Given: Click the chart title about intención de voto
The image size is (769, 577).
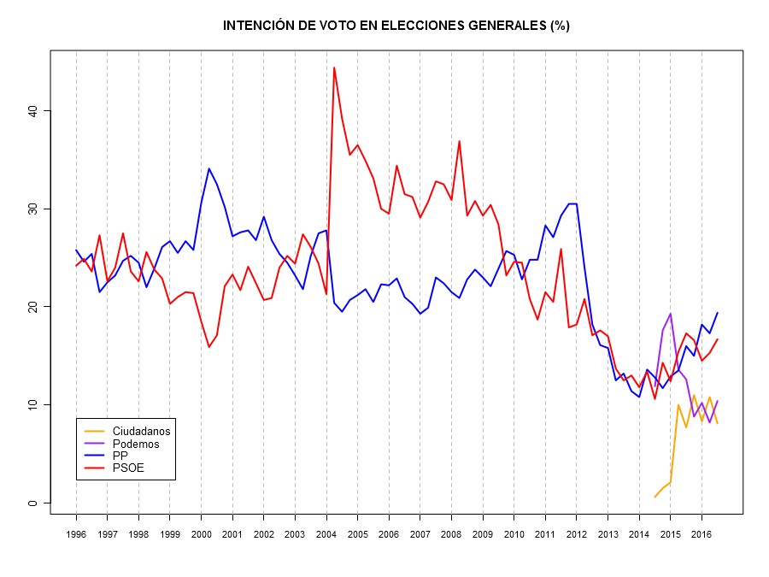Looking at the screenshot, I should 396,26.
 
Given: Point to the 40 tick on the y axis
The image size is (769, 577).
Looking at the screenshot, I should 32,111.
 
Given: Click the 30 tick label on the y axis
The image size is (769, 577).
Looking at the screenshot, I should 32,209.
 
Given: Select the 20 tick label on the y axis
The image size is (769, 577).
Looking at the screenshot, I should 32,307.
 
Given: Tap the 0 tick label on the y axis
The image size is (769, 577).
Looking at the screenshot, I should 32,503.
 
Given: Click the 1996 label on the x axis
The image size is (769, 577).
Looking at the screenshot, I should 76,534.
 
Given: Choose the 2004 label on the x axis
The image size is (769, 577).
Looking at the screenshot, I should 326,534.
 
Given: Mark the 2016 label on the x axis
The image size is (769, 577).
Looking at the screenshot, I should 701,534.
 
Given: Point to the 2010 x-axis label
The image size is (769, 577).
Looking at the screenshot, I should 514,534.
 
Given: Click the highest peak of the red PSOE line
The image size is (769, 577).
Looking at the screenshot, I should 334,68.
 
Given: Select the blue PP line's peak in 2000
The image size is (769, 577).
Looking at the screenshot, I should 208,168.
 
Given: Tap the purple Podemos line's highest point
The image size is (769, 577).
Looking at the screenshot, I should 671,314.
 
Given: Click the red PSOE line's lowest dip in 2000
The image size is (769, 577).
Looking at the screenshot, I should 208,346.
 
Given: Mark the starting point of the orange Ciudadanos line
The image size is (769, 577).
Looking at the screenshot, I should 655,497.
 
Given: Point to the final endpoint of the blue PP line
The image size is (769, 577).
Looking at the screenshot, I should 718,313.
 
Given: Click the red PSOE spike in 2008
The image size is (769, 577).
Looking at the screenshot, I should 459,141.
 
